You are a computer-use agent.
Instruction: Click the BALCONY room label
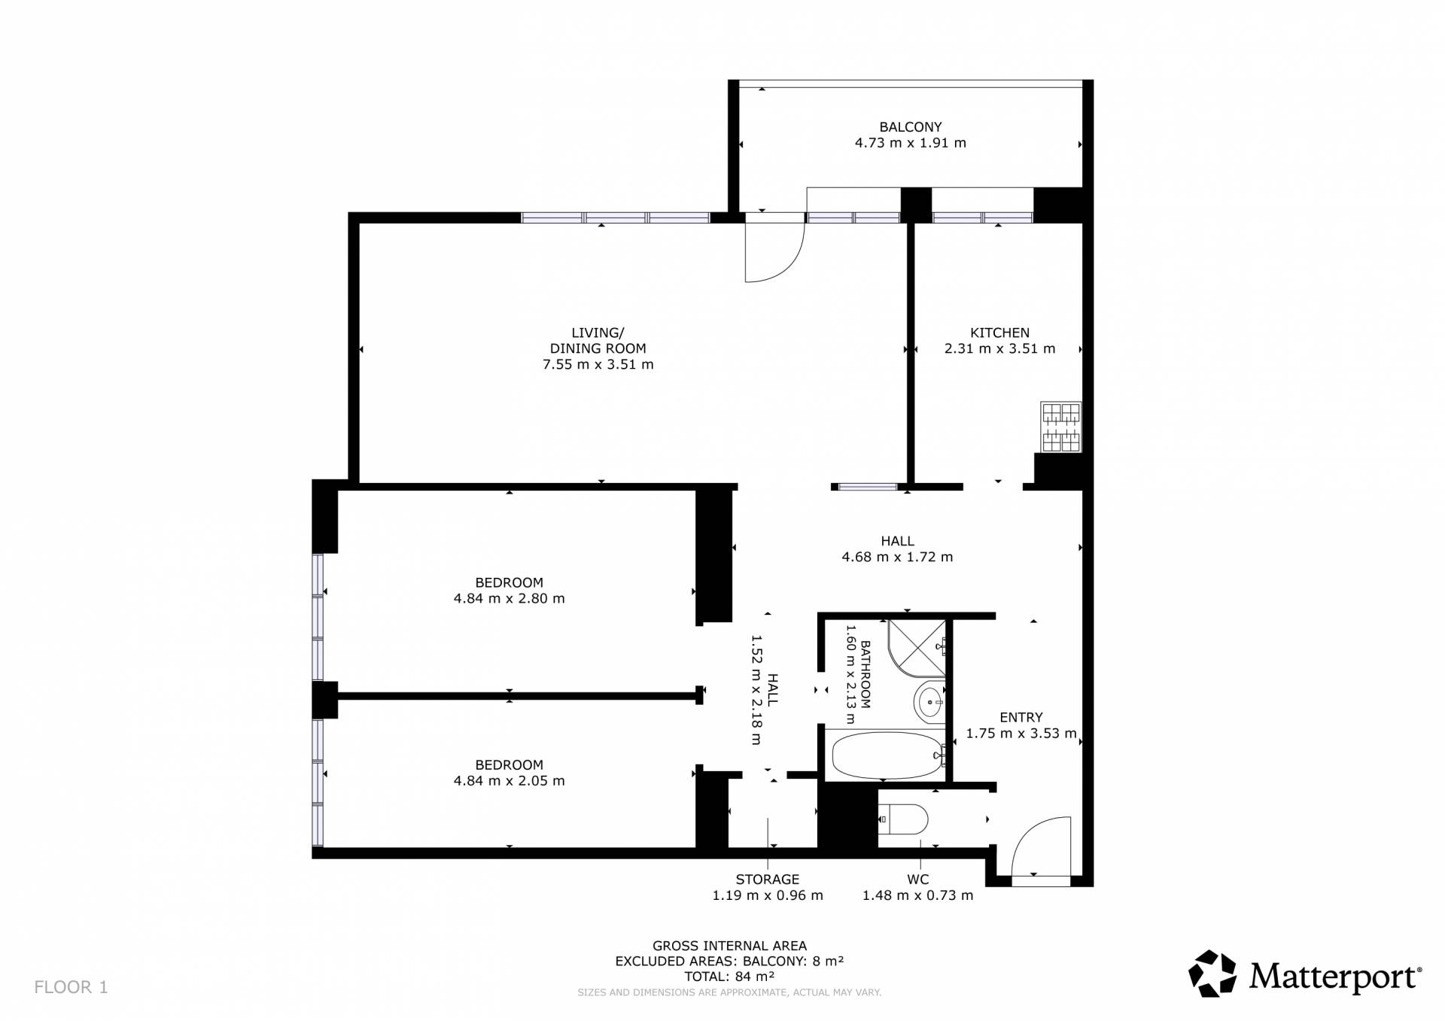point(910,127)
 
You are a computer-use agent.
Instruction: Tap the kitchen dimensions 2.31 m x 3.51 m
point(999,349)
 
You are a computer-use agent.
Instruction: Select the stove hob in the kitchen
point(1061,427)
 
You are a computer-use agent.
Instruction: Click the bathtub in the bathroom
point(886,755)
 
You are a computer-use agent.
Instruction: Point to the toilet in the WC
point(903,819)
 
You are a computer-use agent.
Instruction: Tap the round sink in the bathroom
point(929,702)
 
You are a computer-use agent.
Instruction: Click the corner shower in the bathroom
point(917,646)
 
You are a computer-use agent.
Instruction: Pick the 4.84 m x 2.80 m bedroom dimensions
point(509,599)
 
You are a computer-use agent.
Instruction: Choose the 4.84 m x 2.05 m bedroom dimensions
point(509,781)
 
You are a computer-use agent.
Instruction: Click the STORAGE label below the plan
point(768,879)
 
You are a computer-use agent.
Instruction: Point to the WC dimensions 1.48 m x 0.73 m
point(917,895)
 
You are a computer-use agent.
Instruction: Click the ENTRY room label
point(1021,717)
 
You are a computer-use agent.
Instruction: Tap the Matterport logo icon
point(1212,974)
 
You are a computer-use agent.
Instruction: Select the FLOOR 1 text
point(71,987)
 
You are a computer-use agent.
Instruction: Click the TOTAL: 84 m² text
point(729,977)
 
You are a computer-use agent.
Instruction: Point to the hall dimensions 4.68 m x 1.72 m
point(897,558)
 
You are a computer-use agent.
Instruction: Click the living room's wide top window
point(616,218)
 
